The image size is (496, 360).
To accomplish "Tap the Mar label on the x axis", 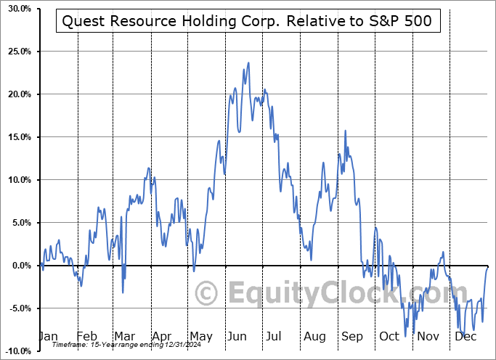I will point(124,337).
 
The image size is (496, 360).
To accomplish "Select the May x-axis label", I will point(200,337).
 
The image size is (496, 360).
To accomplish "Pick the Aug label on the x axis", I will point(314,337).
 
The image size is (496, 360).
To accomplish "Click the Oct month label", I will point(389,337).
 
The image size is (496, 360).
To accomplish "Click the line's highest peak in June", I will point(248,62).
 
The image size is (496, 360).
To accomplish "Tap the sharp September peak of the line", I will point(345,131).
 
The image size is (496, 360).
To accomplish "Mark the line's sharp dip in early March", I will point(123,292).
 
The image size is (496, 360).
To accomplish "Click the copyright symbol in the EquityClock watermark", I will point(208,294).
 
